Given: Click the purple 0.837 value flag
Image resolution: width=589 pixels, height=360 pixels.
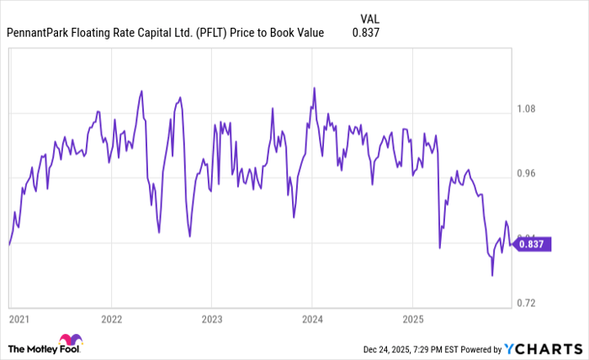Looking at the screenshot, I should point(532,243).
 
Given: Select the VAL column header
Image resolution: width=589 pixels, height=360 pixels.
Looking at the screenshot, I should point(369,18).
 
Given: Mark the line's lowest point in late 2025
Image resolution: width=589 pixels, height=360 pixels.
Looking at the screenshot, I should point(492,275).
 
